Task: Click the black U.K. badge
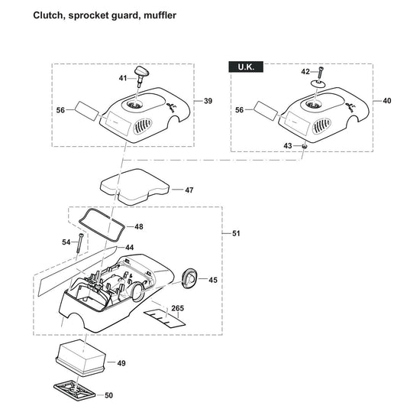point(246,67)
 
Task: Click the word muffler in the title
point(160,15)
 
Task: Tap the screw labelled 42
point(320,73)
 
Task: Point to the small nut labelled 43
point(304,146)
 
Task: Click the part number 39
point(208,101)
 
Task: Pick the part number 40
point(386,101)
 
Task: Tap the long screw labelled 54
point(80,243)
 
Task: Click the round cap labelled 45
point(190,279)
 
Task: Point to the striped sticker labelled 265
point(164,318)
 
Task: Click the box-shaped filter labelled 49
point(81,358)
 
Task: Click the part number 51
point(236,233)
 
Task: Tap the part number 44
point(130,248)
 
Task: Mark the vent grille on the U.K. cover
point(322,125)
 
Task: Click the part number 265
point(177,308)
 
